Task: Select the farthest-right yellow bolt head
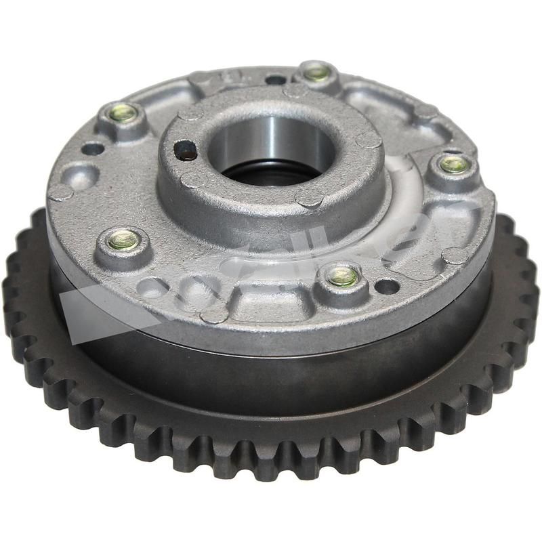(450, 163)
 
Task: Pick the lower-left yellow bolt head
(124, 238)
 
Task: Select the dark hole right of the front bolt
(387, 286)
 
